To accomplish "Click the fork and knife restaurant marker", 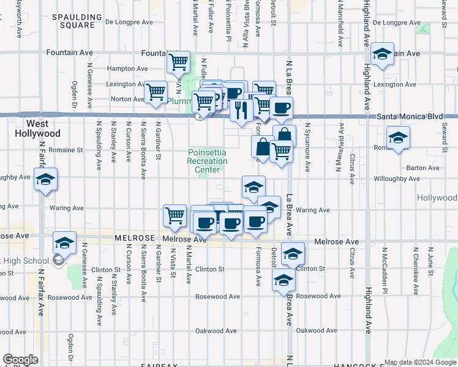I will tap(241, 110).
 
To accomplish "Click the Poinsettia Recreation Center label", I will tap(208, 161).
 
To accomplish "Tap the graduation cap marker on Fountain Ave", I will tap(383, 54).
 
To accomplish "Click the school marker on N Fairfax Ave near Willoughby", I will tap(45, 180).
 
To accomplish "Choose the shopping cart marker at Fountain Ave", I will tap(178, 62).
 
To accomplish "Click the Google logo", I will tap(20, 360).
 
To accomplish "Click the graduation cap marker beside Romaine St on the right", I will tap(397, 138).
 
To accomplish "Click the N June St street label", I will tap(430, 261).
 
